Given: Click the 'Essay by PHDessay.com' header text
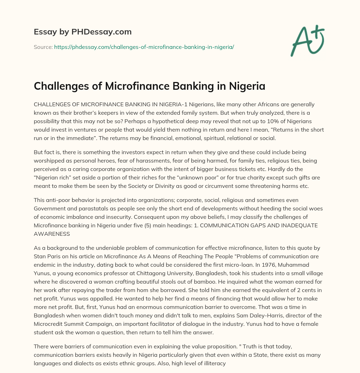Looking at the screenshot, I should click(83, 32).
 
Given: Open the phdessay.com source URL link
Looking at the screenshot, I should click(144, 47).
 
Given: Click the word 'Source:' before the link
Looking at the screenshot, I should click(43, 47).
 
